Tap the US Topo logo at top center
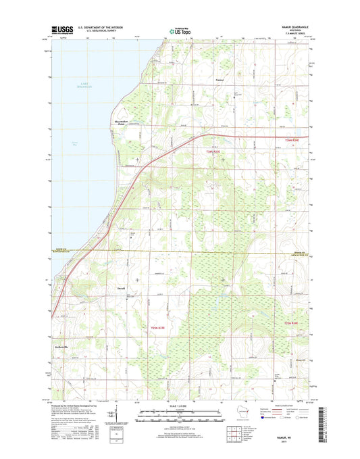[180, 30]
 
